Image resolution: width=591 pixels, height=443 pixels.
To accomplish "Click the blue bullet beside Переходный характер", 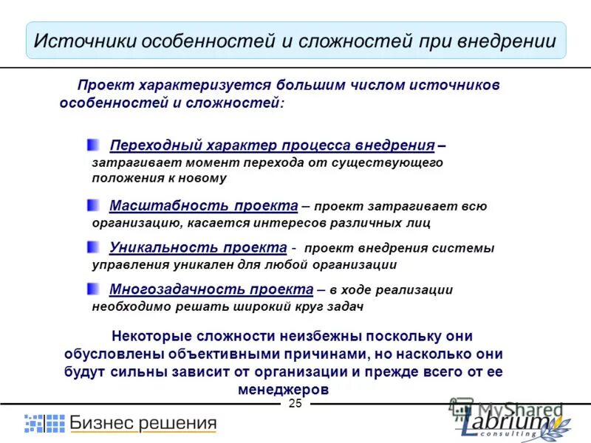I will (92, 144).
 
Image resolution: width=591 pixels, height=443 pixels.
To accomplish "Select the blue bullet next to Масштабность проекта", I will (92, 205).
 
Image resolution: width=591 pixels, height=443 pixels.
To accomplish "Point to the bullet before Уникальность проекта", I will (92, 247).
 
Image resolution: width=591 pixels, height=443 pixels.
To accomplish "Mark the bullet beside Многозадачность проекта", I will (92, 288).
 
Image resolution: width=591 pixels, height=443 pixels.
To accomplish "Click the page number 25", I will (295, 403).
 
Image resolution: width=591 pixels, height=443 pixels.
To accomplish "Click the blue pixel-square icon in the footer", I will (44, 423).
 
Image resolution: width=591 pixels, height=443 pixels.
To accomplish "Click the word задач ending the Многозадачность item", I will (344, 305).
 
